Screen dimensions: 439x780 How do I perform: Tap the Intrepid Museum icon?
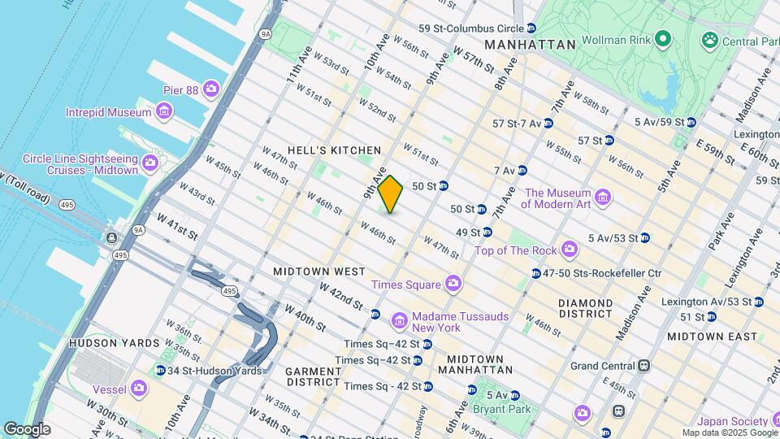[x=165, y=111]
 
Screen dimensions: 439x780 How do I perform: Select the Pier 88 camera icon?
[x=211, y=89]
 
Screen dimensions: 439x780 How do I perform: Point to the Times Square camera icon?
[x=453, y=284]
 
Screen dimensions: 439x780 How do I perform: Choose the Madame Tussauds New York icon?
[x=399, y=321]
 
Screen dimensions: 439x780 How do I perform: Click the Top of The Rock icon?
[x=569, y=247]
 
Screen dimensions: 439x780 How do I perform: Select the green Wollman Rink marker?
[x=663, y=38]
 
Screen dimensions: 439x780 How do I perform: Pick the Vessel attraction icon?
[x=140, y=389]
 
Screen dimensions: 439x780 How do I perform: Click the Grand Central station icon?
[x=643, y=366]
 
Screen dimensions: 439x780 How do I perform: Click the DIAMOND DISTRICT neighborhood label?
[x=574, y=308]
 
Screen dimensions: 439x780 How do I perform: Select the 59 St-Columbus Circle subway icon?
[x=531, y=28]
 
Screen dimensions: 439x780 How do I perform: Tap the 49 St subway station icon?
[x=487, y=233]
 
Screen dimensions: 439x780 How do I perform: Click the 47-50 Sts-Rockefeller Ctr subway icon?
[x=536, y=274]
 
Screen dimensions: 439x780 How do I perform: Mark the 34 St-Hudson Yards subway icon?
[x=160, y=371]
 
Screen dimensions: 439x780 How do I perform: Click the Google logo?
[x=27, y=429]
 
